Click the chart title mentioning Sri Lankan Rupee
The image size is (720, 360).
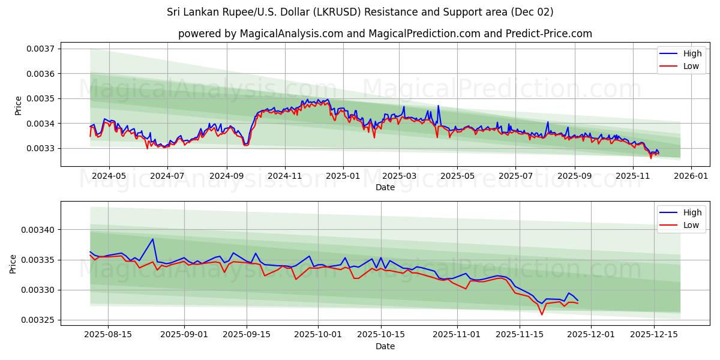(360, 12)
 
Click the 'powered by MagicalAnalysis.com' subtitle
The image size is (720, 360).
(385, 34)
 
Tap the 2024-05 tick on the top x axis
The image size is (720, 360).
(109, 176)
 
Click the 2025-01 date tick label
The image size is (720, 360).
(343, 176)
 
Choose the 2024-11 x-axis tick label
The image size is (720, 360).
(284, 176)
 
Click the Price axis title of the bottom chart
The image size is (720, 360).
(13, 263)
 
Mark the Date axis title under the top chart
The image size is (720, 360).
(385, 187)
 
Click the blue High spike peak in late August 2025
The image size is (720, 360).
(152, 239)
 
